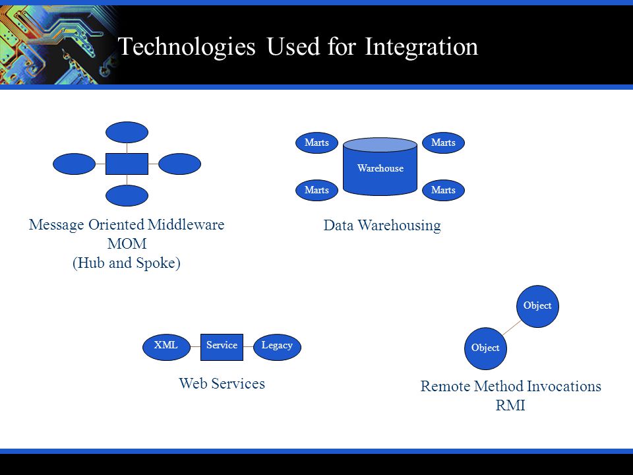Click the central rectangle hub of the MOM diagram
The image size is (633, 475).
pyautogui.click(x=127, y=164)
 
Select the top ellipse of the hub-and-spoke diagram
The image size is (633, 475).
pyautogui.click(x=127, y=132)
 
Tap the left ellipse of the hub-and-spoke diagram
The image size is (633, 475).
pyautogui.click(x=75, y=164)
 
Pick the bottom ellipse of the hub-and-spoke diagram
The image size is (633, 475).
pyautogui.click(x=127, y=195)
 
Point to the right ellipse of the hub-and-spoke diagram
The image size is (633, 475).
pyautogui.click(x=179, y=164)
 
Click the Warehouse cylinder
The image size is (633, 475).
pyautogui.click(x=380, y=166)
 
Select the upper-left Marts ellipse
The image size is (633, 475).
pyautogui.click(x=316, y=142)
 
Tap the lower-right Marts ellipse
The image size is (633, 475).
pyautogui.click(x=443, y=190)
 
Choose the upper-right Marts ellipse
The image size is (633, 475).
pyautogui.click(x=443, y=142)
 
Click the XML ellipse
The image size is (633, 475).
pyautogui.click(x=166, y=347)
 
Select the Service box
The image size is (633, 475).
pyautogui.click(x=222, y=347)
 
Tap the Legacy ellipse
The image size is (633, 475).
pyautogui.click(x=277, y=347)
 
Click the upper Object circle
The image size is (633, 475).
pyautogui.click(x=537, y=306)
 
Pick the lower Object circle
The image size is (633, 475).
pyautogui.click(x=485, y=348)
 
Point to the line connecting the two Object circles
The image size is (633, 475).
pyautogui.click(x=512, y=327)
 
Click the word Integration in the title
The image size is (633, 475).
pyautogui.click(x=421, y=46)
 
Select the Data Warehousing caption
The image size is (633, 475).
pyautogui.click(x=382, y=226)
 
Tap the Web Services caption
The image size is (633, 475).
pyautogui.click(x=222, y=383)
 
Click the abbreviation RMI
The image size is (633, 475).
pyautogui.click(x=510, y=405)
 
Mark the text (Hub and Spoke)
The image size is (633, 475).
pyautogui.click(x=127, y=263)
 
